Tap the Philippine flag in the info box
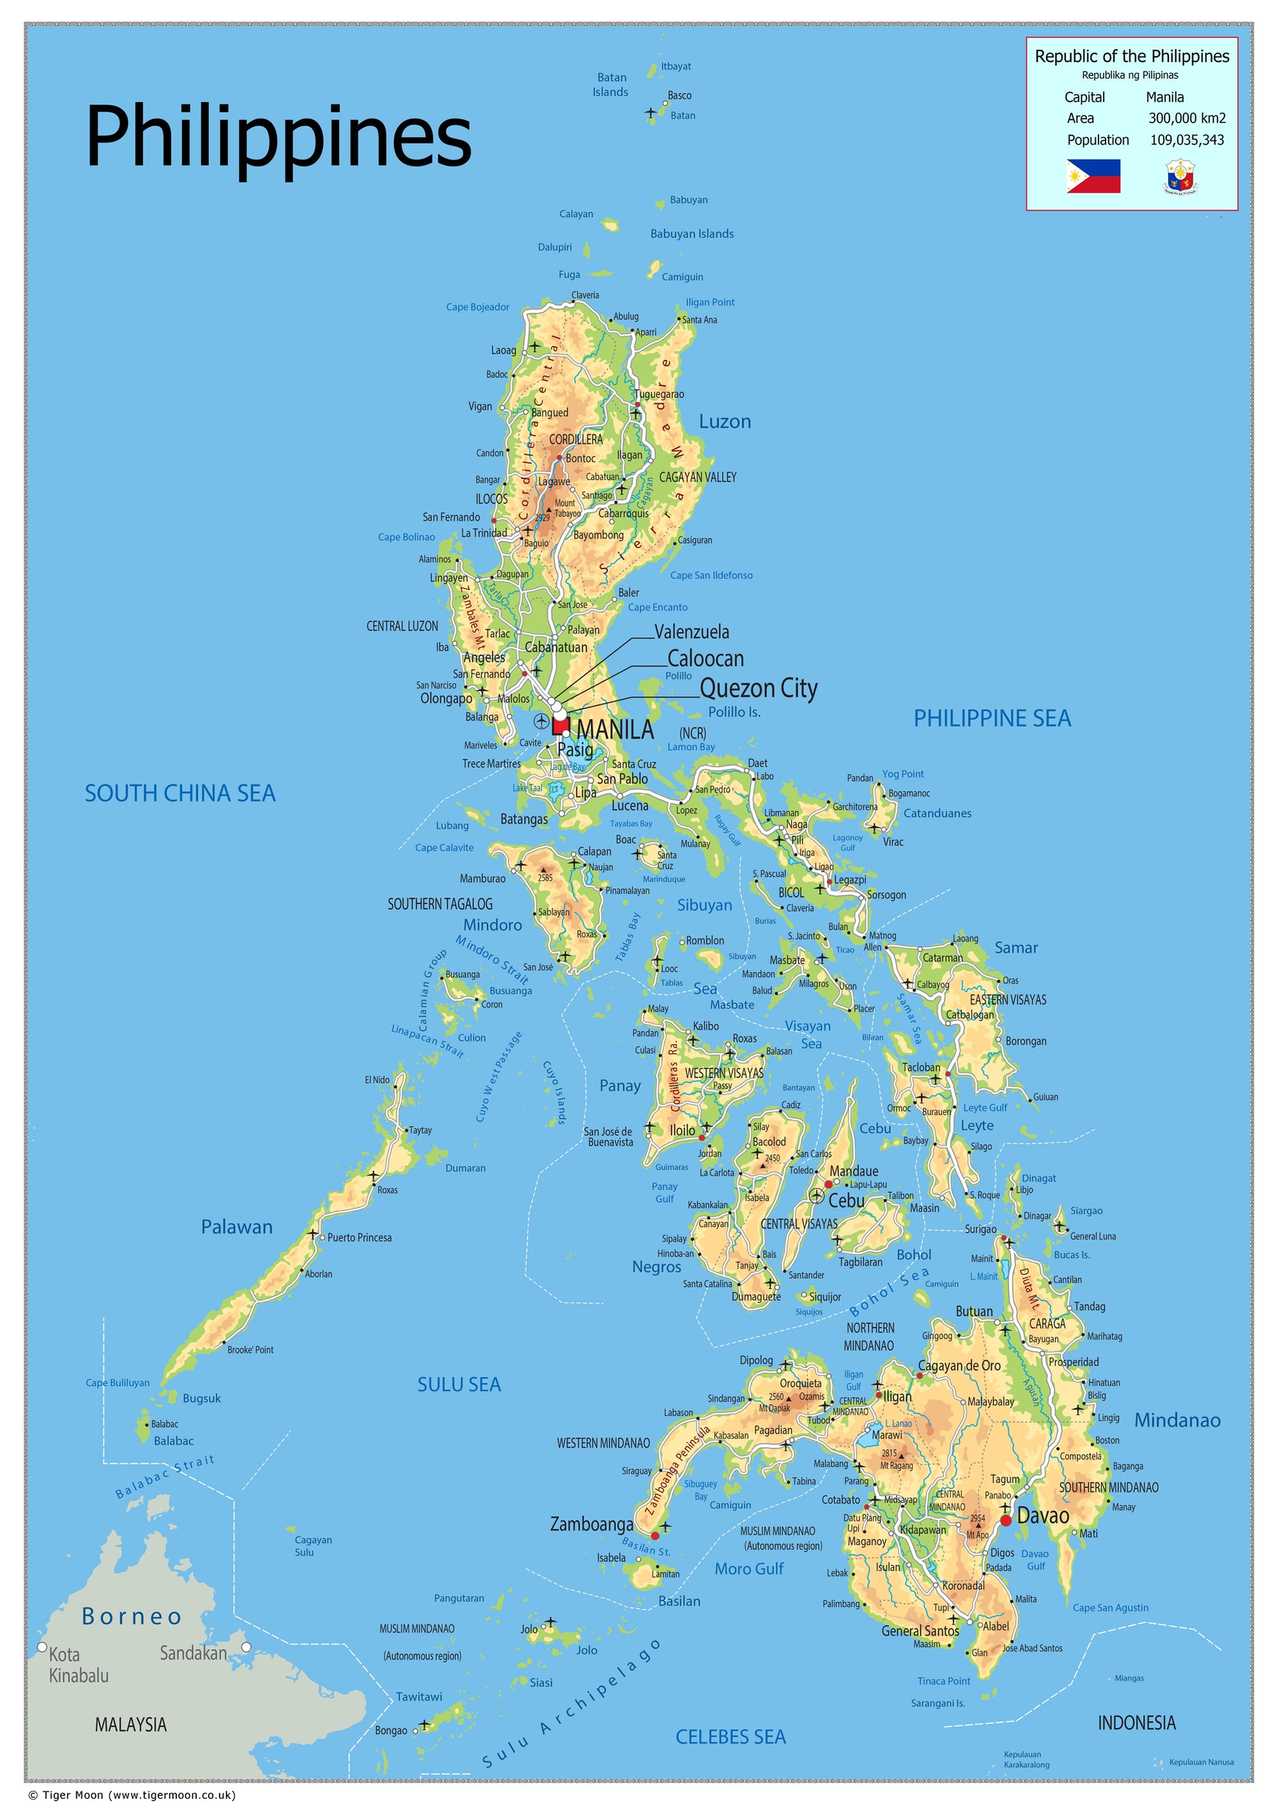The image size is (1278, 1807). tap(1093, 176)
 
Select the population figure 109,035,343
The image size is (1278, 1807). tap(1187, 140)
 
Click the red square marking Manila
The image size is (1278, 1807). tap(560, 725)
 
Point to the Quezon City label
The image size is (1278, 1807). tap(758, 689)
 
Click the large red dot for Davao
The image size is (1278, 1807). tap(1005, 1520)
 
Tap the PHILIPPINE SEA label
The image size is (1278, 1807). tap(991, 718)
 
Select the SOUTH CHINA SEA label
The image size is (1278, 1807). tap(180, 793)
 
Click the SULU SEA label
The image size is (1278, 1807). tap(459, 1384)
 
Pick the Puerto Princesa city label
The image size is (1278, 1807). tap(359, 1238)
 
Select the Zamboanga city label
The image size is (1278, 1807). tap(591, 1524)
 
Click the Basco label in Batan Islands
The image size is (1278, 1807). tap(679, 96)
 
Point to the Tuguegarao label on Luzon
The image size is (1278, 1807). tap(659, 394)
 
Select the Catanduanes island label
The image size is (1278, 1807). tap(936, 813)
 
